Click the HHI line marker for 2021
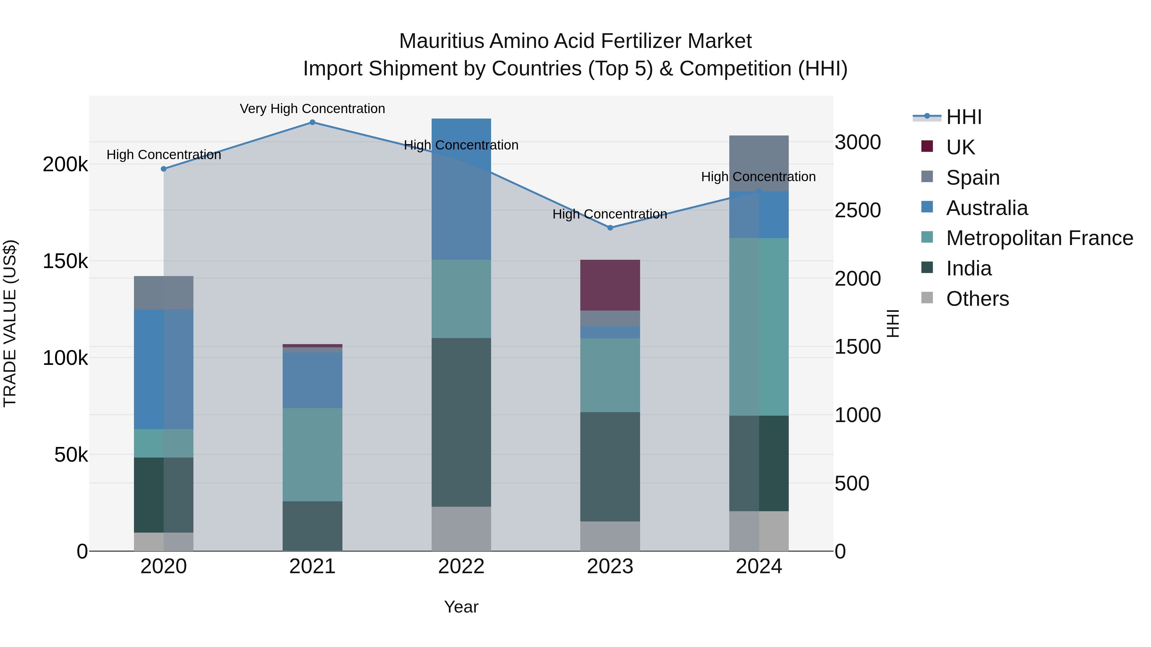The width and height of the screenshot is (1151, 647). click(312, 122)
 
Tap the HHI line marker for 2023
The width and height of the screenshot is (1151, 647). click(610, 228)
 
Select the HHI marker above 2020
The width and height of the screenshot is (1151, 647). click(163, 169)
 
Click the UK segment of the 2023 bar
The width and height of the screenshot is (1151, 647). click(610, 285)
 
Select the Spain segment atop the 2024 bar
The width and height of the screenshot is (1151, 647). click(759, 163)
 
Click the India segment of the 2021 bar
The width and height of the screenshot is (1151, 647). click(312, 526)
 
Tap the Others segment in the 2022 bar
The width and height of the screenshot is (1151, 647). click(461, 529)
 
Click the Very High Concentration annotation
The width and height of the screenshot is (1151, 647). click(312, 109)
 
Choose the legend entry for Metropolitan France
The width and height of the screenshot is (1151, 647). click(1039, 238)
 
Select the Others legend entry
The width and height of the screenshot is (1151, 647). click(977, 299)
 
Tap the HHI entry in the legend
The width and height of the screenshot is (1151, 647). click(964, 117)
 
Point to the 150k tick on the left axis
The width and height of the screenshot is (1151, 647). click(65, 261)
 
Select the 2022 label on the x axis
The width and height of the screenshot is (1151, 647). click(461, 566)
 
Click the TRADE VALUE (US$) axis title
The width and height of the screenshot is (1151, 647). click(10, 323)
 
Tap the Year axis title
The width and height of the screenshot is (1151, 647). click(461, 607)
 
